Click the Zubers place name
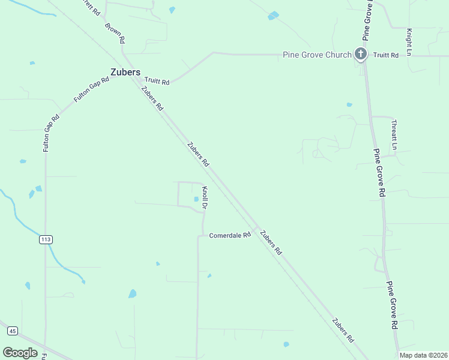point(125,72)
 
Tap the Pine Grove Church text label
point(317,55)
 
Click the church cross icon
point(360,55)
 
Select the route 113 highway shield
point(46,239)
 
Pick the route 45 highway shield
point(12,331)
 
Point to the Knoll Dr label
point(205,197)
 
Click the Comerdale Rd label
point(229,235)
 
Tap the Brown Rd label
point(115,33)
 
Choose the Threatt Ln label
point(394,134)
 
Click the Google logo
point(20,353)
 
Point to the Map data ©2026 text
point(423,355)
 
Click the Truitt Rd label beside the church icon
point(386,55)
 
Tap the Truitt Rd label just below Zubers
point(156,82)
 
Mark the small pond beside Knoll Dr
point(196,200)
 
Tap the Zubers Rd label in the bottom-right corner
point(343,331)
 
